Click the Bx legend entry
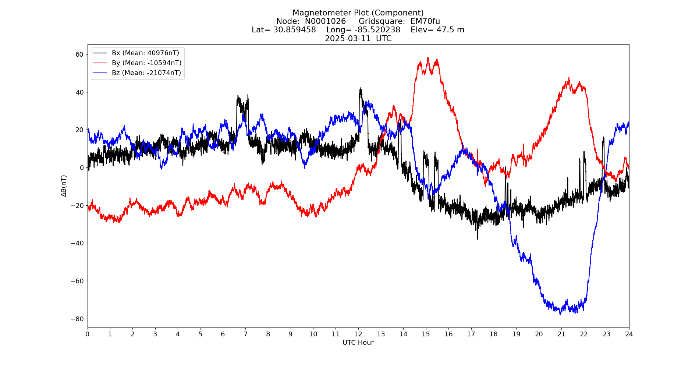click(145, 53)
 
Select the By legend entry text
click(146, 63)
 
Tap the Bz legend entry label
click(146, 73)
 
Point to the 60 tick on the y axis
click(79, 54)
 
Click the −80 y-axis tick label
click(77, 319)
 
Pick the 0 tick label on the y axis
click(82, 168)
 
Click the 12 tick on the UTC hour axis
click(358, 334)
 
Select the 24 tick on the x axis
click(629, 334)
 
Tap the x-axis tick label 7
click(245, 334)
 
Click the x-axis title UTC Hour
click(358, 343)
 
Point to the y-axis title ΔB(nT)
click(64, 186)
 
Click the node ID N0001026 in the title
click(325, 21)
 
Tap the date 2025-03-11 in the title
click(348, 39)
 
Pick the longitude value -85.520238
click(377, 30)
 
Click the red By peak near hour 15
click(428, 58)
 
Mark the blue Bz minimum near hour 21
click(560, 314)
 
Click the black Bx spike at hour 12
click(361, 88)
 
